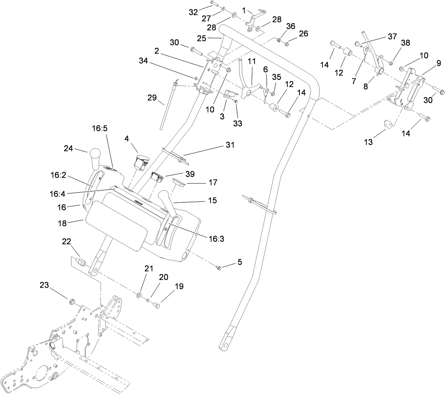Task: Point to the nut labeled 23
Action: coord(72,302)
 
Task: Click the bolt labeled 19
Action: coord(156,305)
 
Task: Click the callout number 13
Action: coord(368,142)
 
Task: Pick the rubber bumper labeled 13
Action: coord(388,124)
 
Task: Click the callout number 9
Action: coord(439,63)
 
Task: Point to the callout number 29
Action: coord(151,98)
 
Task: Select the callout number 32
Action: coord(193,12)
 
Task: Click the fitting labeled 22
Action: coord(80,263)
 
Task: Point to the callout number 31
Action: coord(230,145)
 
